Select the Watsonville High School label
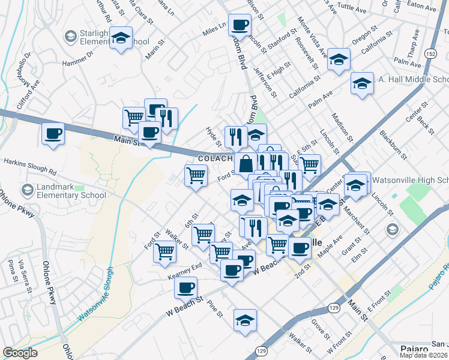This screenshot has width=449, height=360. click(409, 180)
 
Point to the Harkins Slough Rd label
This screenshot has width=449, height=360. click(29, 162)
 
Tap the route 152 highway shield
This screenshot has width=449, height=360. click(431, 53)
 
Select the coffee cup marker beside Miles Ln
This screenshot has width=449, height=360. click(240, 25)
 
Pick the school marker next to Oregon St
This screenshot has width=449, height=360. click(339, 59)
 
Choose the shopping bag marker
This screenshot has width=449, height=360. click(246, 163)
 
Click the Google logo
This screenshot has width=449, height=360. click(20, 353)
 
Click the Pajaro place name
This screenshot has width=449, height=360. click(415, 349)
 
